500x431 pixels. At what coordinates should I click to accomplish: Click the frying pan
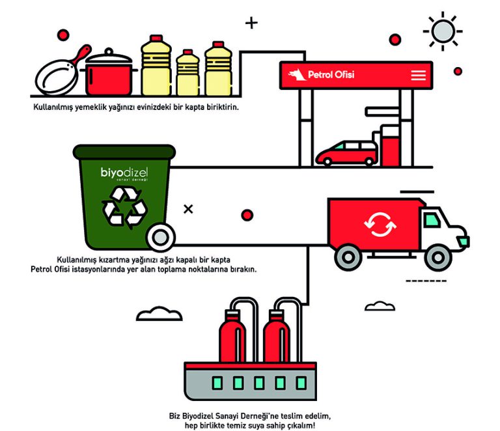pos(55,77)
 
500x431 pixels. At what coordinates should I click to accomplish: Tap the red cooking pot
pos(109,74)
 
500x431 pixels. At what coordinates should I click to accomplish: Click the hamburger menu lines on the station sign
pos(418,76)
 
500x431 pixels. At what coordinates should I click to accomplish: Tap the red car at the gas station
pos(346,154)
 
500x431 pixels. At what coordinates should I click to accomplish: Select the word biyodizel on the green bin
pos(124,173)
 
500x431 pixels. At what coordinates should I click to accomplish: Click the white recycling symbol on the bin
pos(124,207)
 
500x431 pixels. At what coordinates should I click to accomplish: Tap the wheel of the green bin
pos(160,236)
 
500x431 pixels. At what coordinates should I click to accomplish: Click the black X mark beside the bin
pos(188,209)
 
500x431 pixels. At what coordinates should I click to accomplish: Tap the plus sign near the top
pos(251,23)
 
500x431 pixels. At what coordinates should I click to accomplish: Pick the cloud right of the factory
pos(380,305)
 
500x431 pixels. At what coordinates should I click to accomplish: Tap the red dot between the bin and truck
pos(247,215)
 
